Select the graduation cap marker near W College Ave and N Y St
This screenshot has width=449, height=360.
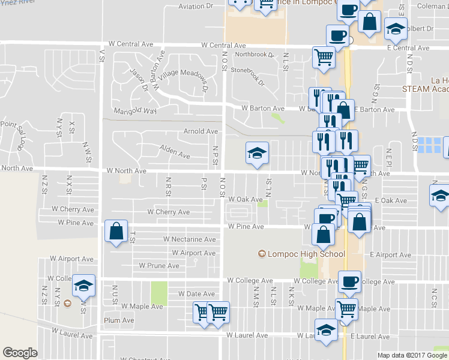(83, 285)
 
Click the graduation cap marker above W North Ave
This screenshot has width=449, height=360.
(256, 153)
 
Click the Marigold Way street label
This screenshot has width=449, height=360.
(136, 111)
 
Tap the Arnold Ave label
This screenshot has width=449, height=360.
(200, 131)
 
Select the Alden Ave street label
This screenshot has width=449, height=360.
(175, 151)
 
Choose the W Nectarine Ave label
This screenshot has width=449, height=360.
(189, 239)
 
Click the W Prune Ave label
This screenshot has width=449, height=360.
(158, 265)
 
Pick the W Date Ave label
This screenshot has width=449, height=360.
(196, 294)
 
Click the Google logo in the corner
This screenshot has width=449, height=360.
(20, 353)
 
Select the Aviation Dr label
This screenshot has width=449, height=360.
(196, 7)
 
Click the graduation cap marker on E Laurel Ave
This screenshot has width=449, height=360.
(326, 331)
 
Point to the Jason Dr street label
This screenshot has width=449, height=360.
(139, 79)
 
